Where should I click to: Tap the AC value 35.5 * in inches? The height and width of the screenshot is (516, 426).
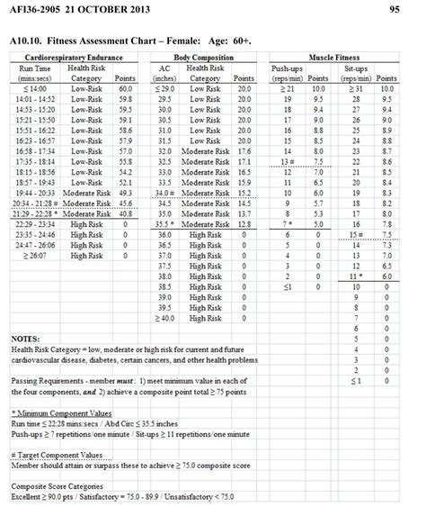pyautogui.click(x=165, y=224)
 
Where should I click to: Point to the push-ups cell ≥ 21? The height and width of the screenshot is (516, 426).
pyautogui.click(x=285, y=89)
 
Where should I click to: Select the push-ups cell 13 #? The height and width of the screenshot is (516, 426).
pyautogui.click(x=285, y=162)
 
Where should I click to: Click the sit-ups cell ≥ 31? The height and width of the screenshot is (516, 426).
pyautogui.click(x=358, y=89)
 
